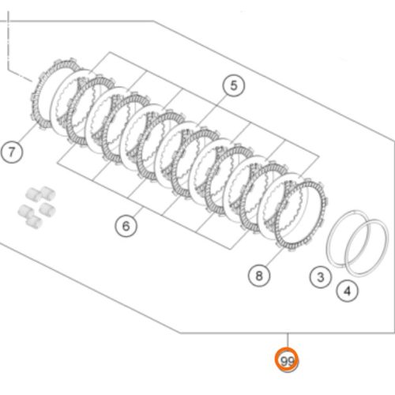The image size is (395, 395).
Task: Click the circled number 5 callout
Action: [x=234, y=85]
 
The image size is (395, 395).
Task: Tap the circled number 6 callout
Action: [x=126, y=226]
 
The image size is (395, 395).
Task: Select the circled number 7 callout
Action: [x=12, y=152]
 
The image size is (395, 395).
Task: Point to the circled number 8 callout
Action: [x=259, y=276]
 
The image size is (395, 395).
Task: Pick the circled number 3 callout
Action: [x=321, y=276]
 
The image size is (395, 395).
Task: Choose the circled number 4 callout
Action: [x=348, y=291]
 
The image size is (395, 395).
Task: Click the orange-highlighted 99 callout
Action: [x=287, y=360]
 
